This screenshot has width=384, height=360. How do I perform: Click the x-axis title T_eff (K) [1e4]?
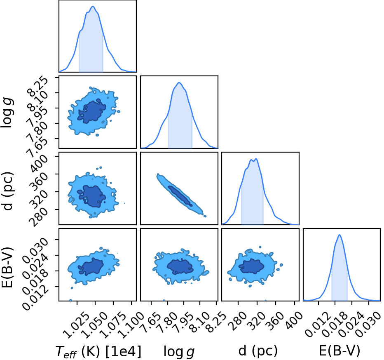click(x=98, y=352)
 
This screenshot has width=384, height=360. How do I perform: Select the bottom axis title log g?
click(x=179, y=352)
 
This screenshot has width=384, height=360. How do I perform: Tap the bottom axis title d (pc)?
click(x=258, y=351)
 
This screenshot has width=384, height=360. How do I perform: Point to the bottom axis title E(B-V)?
click(x=340, y=351)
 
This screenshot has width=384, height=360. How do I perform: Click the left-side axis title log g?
click(x=7, y=113)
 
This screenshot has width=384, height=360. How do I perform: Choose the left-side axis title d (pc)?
click(x=7, y=191)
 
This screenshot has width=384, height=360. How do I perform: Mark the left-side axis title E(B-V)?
click(x=7, y=267)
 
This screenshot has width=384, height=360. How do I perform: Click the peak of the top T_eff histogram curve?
click(x=93, y=6)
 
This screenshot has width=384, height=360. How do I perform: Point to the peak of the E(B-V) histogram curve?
click(x=340, y=235)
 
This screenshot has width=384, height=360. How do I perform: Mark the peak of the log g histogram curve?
click(x=179, y=82)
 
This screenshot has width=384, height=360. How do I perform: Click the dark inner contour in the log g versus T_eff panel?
click(x=91, y=111)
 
